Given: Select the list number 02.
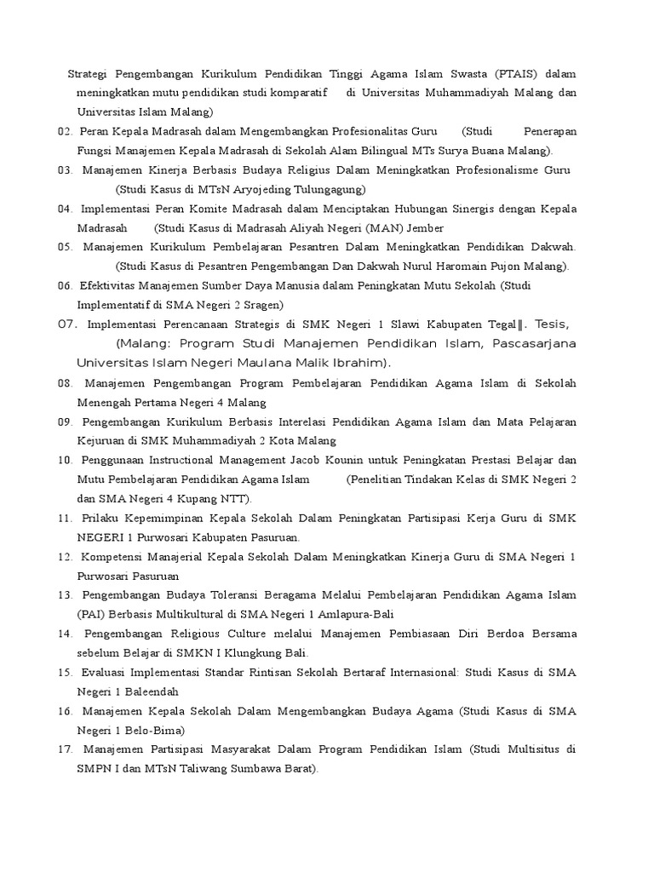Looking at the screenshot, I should [x=65, y=131].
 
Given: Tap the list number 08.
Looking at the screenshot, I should [x=65, y=383].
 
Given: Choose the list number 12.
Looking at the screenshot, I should [x=65, y=556].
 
